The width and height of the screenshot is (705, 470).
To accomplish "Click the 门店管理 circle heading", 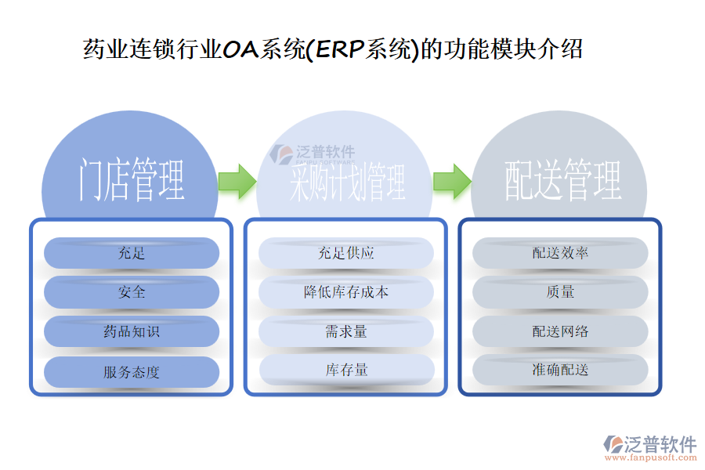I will [x=131, y=179].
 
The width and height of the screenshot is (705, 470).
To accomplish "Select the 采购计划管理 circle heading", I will [x=345, y=182].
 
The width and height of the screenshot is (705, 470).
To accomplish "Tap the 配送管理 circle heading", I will [x=561, y=179].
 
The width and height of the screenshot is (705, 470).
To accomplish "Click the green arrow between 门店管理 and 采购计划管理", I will [x=237, y=181].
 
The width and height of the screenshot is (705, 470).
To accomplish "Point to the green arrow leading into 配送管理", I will [x=451, y=181].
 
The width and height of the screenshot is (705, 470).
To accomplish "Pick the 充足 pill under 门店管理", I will [x=132, y=253].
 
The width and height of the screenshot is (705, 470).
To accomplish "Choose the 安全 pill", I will [x=132, y=292].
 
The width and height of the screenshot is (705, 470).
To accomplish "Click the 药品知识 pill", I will [x=132, y=331].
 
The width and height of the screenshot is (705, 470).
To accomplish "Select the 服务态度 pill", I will [x=132, y=372].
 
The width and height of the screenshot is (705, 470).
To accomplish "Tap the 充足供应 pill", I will [x=346, y=253].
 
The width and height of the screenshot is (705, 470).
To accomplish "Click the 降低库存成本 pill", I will [x=346, y=292].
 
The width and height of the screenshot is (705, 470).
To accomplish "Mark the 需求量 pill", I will [x=346, y=331].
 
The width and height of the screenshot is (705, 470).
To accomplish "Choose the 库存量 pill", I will [x=346, y=370].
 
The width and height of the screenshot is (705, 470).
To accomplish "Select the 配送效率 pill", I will [x=560, y=253].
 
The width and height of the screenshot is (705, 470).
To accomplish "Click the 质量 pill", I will [x=560, y=292].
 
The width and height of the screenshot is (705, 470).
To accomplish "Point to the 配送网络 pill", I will [x=560, y=331].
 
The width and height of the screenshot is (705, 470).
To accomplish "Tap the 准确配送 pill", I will [x=560, y=370].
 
